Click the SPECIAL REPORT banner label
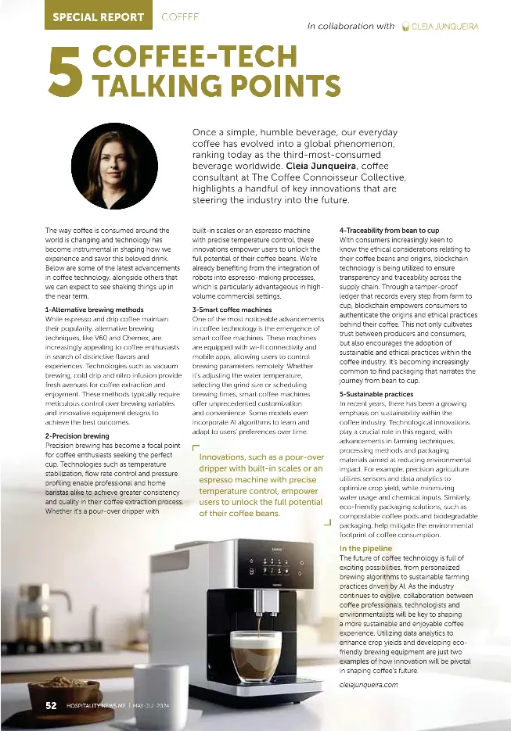tap(99, 16)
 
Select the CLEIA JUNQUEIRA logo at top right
tap(439, 26)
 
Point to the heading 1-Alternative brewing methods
tap(95, 310)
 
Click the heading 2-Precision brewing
tap(77, 435)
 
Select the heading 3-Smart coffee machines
tap(232, 310)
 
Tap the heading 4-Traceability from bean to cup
tap(389, 231)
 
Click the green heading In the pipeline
tap(365, 549)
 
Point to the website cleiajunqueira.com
tap(369, 685)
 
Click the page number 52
tap(51, 705)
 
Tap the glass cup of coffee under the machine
tap(255, 654)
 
